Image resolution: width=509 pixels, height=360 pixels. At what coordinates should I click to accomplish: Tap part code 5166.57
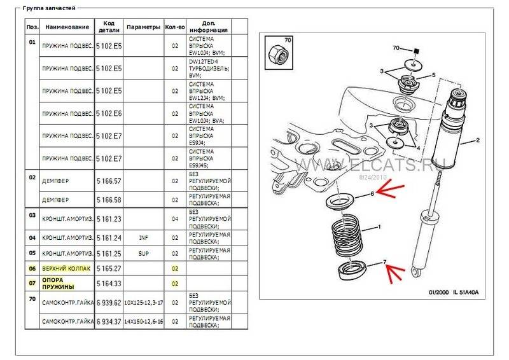109,181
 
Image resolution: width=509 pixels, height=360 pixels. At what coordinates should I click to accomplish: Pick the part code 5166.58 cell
109,199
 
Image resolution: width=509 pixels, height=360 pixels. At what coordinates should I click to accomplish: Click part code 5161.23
109,218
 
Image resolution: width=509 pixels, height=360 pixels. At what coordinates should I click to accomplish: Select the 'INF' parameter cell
143,238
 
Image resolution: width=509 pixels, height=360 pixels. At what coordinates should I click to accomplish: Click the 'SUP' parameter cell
143,253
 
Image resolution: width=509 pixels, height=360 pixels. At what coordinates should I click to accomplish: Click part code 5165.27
109,268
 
